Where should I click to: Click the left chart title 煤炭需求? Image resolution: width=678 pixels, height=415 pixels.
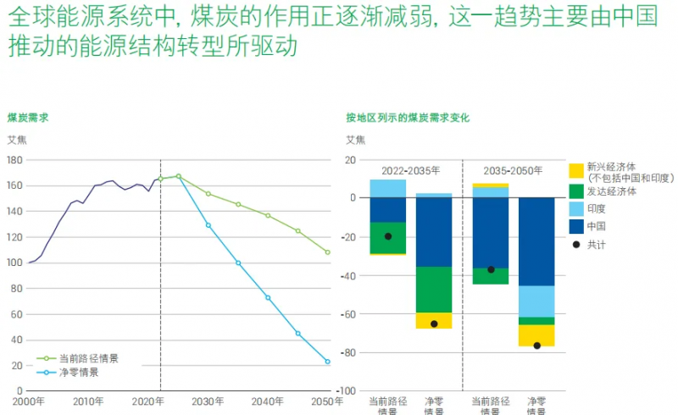(27, 118)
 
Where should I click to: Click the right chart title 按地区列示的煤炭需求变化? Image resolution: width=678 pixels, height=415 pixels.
(407, 118)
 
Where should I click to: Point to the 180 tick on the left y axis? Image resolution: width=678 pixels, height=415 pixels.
(14, 159)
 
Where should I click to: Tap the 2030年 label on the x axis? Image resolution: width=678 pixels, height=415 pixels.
(208, 401)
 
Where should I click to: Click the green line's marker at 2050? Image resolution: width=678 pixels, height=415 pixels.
(328, 252)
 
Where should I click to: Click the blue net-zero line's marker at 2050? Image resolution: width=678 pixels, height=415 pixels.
(328, 362)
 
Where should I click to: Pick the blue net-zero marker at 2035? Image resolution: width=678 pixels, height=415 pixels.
(238, 263)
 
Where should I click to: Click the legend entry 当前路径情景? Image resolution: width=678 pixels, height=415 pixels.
(88, 358)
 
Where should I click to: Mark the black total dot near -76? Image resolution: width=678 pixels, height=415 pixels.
(536, 346)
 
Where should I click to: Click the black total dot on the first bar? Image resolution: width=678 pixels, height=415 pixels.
(388, 236)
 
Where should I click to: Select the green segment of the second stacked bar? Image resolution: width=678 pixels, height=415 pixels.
(434, 290)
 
